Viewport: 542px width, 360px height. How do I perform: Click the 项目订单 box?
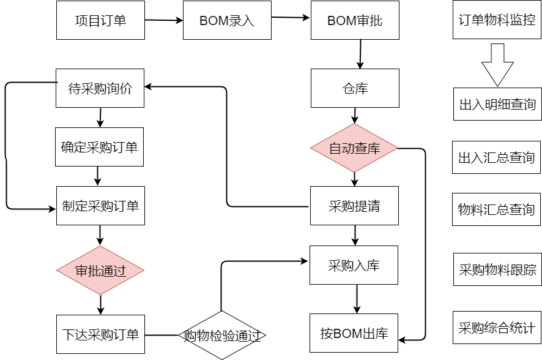[x=100, y=20]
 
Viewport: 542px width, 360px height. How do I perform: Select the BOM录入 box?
[x=227, y=20]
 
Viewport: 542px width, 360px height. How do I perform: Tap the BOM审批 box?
[x=355, y=20]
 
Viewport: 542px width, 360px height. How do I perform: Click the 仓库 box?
[x=355, y=88]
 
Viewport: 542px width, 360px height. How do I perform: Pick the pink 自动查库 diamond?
[x=355, y=148]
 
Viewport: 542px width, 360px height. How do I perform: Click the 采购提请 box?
[x=355, y=206]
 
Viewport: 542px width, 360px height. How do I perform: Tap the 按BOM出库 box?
[x=354, y=334]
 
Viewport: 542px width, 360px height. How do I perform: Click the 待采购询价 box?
[x=100, y=88]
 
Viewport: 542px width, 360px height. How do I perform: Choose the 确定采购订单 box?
[x=99, y=147]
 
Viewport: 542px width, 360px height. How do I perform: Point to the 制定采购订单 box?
[x=100, y=206]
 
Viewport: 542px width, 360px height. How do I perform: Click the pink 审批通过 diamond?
[x=100, y=271]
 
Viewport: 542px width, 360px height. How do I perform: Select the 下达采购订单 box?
[x=100, y=335]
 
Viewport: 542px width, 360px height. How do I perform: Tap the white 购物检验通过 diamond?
[x=222, y=336]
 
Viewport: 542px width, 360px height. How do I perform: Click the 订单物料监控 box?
[x=497, y=20]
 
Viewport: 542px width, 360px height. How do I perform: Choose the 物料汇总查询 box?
[x=497, y=210]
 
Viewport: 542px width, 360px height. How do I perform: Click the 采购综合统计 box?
[x=497, y=328]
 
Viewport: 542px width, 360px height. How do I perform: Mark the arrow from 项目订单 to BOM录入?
[x=164, y=20]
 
